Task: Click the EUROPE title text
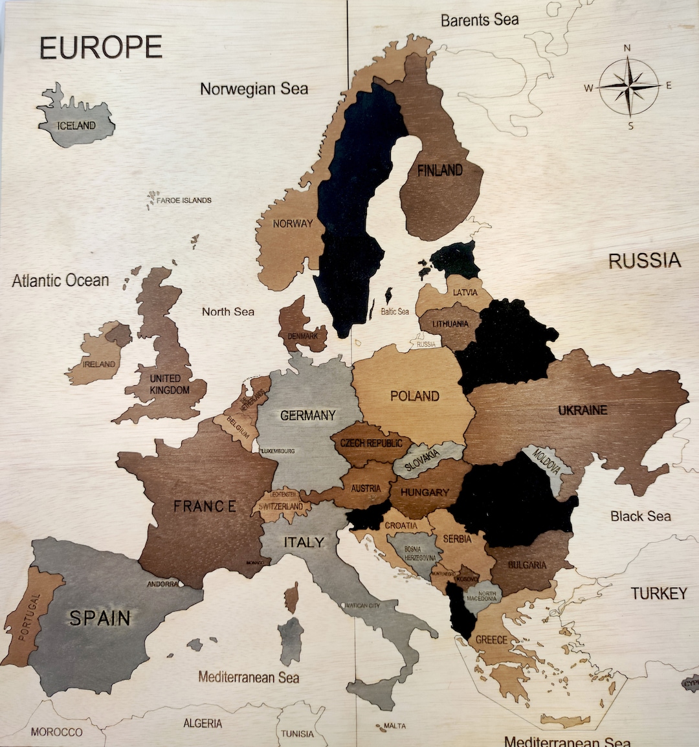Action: [x=100, y=48]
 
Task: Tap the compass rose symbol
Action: [x=628, y=86]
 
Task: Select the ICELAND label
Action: [x=76, y=126]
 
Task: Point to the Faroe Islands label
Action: [x=184, y=201]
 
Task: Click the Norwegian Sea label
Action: [x=254, y=89]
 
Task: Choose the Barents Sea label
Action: [x=480, y=20]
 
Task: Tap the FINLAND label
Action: [x=440, y=171]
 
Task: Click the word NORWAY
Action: [x=293, y=223]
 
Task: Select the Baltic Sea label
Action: [x=395, y=311]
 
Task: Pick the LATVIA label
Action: [x=465, y=293]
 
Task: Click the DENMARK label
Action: [x=303, y=336]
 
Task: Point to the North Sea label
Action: [x=228, y=312]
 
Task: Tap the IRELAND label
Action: [x=99, y=364]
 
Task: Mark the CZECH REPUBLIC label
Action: [x=371, y=443]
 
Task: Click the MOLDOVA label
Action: [x=546, y=461]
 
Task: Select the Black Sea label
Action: [x=640, y=517]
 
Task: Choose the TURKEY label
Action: [x=659, y=594]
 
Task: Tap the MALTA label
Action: [x=394, y=726]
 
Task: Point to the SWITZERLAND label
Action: [x=281, y=506]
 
